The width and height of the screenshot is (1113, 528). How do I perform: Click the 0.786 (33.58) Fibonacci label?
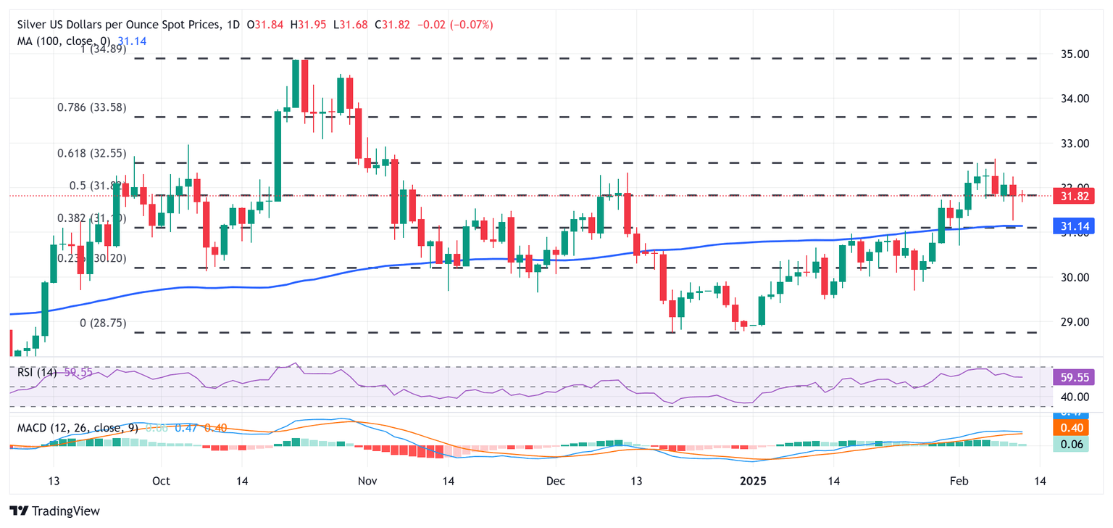91,107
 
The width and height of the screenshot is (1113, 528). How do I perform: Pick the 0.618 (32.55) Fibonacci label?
91,154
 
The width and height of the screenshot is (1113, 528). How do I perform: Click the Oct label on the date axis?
161,481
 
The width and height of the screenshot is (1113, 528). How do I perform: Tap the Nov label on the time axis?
367,481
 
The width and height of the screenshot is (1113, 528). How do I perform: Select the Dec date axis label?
556,481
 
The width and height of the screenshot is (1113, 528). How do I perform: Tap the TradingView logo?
55,511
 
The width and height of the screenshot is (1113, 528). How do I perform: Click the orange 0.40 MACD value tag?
1076,428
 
